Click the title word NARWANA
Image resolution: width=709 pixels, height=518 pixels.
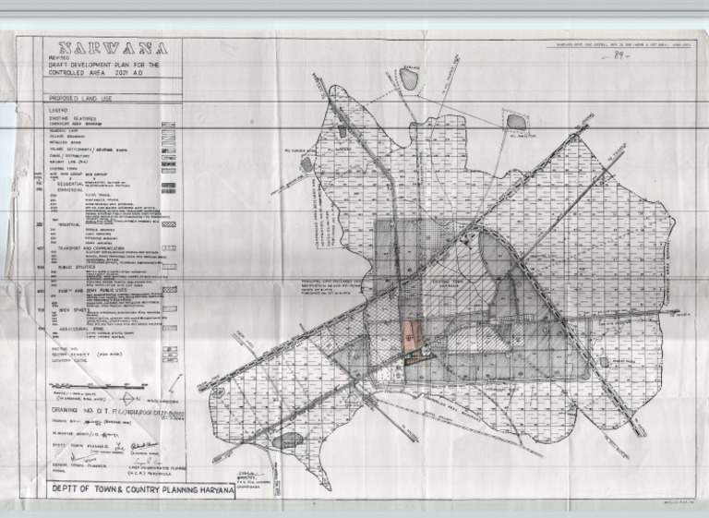coord(114,50)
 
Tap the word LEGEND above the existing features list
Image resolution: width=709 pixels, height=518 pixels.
coord(60,110)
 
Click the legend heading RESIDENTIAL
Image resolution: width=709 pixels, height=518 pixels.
coord(73,184)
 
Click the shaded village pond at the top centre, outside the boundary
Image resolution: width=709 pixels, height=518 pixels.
coord(409,80)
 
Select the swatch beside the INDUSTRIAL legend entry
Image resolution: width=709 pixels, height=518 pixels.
coord(169,224)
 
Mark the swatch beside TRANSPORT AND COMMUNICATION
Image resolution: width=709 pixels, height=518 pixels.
coord(169,248)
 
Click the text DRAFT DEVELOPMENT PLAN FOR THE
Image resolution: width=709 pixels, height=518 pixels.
coord(102,66)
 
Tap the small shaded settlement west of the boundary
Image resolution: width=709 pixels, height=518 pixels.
coord(306,164)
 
